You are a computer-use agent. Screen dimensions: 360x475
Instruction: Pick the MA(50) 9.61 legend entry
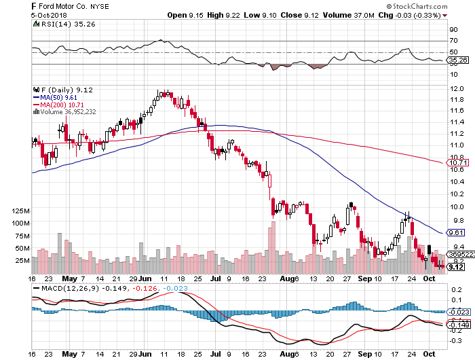pyautogui.click(x=56, y=97)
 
